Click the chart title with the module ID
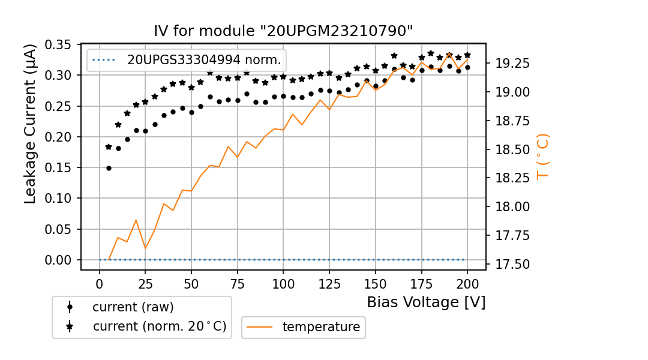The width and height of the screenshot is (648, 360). (x=283, y=31)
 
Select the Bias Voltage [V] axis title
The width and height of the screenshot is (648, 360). (x=426, y=302)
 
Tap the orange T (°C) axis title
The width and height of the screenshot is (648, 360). (x=542, y=156)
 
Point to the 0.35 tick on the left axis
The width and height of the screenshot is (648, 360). (x=59, y=44)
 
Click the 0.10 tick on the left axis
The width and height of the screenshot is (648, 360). (x=59, y=198)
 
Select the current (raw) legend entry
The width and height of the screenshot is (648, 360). (x=133, y=307)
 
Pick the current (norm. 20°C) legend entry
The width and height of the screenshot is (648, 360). (x=159, y=326)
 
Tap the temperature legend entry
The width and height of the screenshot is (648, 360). (x=320, y=327)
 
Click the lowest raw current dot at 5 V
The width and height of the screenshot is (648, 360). (x=109, y=168)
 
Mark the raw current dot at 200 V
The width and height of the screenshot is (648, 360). (x=467, y=67)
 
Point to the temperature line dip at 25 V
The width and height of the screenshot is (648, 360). (x=145, y=248)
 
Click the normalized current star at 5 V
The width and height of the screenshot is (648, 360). (x=109, y=146)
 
